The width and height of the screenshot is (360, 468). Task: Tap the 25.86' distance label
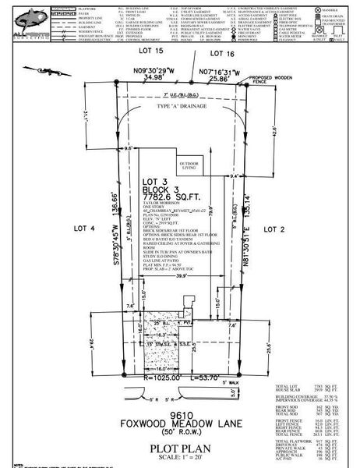[x=219, y=79]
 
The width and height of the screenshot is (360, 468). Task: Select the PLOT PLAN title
[x=180, y=449]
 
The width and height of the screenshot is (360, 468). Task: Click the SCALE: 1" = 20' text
[x=180, y=459]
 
